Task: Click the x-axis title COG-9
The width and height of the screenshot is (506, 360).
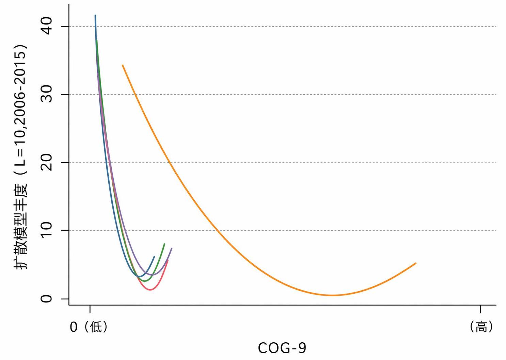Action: click(x=282, y=348)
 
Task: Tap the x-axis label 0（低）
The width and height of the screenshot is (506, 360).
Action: click(x=89, y=327)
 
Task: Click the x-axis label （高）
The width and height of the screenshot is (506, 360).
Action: click(x=481, y=327)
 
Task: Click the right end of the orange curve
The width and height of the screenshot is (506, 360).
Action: click(x=416, y=263)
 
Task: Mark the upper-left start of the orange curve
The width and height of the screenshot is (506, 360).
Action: click(x=123, y=65)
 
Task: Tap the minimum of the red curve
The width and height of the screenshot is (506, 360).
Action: click(x=150, y=290)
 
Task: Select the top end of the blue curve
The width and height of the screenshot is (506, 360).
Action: click(x=95, y=15)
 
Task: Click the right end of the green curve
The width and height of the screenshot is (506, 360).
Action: click(x=164, y=244)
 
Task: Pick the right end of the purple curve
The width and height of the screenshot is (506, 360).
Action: click(x=172, y=248)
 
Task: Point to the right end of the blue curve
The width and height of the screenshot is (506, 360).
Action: click(x=155, y=257)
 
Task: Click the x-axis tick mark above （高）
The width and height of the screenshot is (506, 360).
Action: click(x=481, y=309)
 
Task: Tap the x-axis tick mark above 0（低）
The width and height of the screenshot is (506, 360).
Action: click(x=90, y=309)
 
